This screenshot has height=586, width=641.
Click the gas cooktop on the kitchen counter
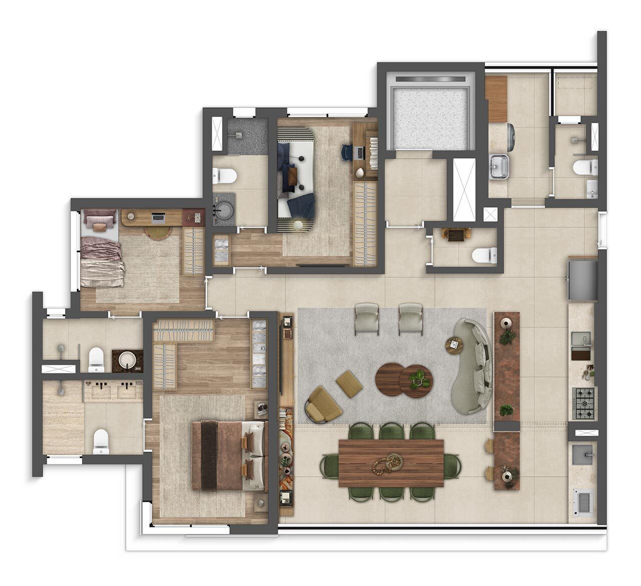coord(584,403)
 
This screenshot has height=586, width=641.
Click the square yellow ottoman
coord(350,383)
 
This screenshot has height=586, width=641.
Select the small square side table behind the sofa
coord(454,345)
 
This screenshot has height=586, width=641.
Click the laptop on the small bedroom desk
coord(158,218)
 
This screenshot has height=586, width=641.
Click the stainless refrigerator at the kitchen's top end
coord(582,280)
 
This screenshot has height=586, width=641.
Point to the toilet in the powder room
coord(484,255)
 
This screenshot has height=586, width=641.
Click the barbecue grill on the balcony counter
coord(583,501)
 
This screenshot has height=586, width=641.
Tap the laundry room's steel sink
coord(499,164)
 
